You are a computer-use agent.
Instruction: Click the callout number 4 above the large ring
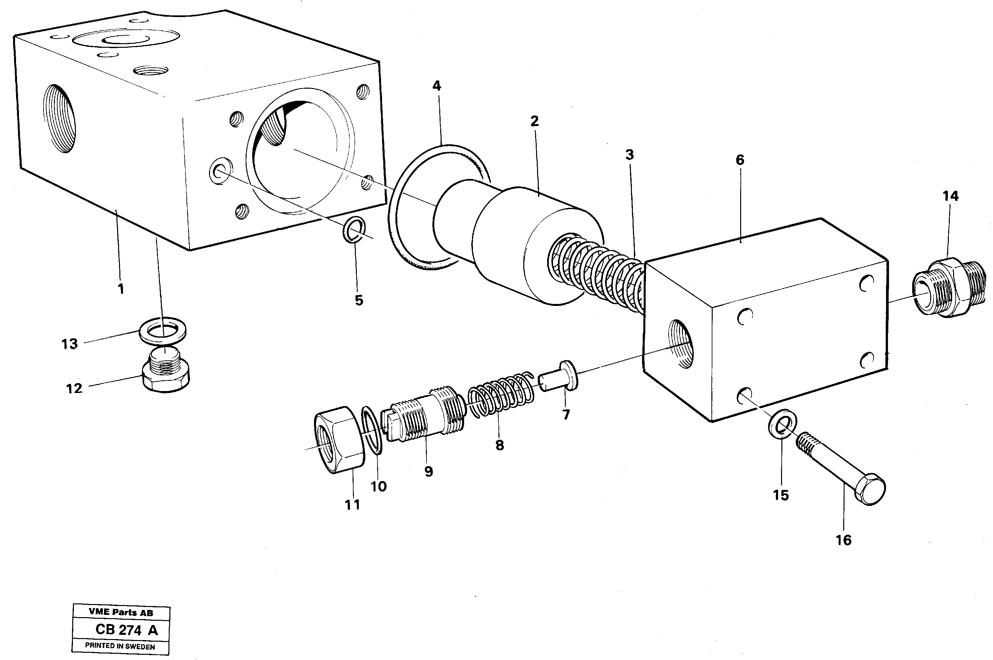tap(436, 86)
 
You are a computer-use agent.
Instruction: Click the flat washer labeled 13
tap(163, 330)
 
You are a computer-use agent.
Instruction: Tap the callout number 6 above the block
tap(740, 160)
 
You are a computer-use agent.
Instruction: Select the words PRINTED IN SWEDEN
tap(120, 646)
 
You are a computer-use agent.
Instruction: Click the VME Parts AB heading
tap(121, 613)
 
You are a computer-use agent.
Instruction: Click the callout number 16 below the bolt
tap(843, 540)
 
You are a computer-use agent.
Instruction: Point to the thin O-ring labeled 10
tap(372, 430)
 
